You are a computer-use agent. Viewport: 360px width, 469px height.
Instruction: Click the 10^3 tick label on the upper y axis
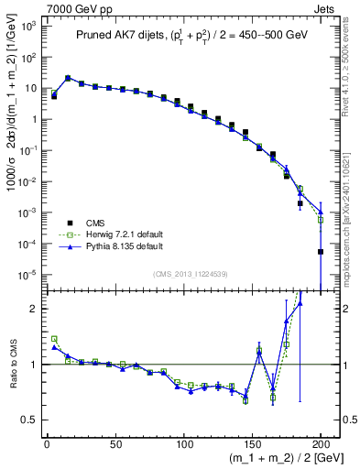tap(27, 27)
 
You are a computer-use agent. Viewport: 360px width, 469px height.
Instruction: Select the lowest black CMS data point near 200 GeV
tap(321, 252)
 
